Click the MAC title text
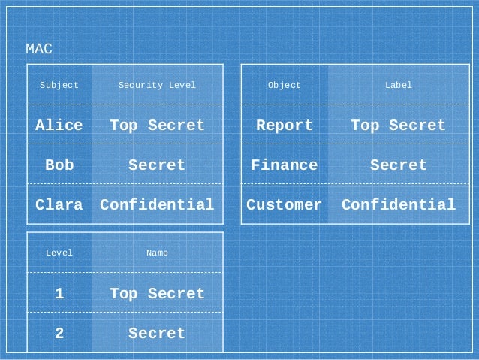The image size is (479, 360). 39,50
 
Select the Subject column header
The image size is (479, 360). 59,85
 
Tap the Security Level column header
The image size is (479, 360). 157,85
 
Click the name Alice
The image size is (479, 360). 59,125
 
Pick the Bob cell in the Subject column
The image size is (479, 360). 59,165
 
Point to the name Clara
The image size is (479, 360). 59,204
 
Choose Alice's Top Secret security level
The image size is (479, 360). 157,125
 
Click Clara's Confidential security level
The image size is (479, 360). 157,204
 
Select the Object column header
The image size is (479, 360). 285,85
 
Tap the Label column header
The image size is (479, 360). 399,85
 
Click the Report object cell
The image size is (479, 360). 285,125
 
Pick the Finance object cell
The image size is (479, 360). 285,165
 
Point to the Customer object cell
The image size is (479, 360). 285,204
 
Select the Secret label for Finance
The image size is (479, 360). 399,165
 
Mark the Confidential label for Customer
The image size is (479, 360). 399,204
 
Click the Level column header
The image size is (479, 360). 59,253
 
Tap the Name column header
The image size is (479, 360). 157,253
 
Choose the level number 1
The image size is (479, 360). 59,293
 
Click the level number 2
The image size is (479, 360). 59,333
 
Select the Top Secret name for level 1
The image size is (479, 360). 157,293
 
